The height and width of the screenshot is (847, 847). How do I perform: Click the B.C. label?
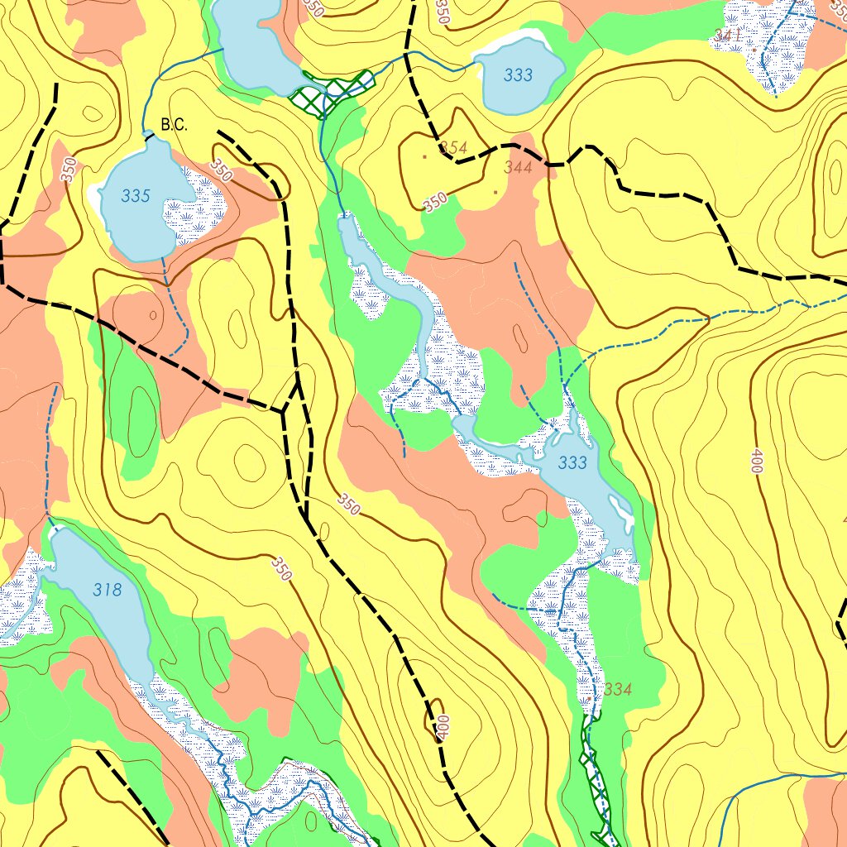click(175, 126)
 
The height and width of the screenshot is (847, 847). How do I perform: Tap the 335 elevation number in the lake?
click(136, 196)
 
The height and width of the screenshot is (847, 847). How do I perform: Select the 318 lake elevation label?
click(108, 590)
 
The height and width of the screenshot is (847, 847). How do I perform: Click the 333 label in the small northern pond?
click(518, 75)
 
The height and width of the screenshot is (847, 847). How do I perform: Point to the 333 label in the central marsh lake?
click(572, 462)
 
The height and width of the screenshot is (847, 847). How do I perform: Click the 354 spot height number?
click(454, 148)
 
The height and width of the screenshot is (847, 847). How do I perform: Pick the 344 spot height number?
click(518, 168)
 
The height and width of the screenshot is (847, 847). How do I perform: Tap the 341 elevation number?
click(727, 36)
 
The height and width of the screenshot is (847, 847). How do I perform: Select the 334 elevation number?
click(618, 689)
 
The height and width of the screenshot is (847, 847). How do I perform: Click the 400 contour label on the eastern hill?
click(755, 462)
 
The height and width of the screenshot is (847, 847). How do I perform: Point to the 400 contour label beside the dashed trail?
click(443, 727)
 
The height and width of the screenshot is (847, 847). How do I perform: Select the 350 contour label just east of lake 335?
click(221, 170)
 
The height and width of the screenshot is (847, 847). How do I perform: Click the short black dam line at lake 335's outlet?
click(151, 136)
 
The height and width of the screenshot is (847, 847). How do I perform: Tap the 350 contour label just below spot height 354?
click(435, 201)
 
